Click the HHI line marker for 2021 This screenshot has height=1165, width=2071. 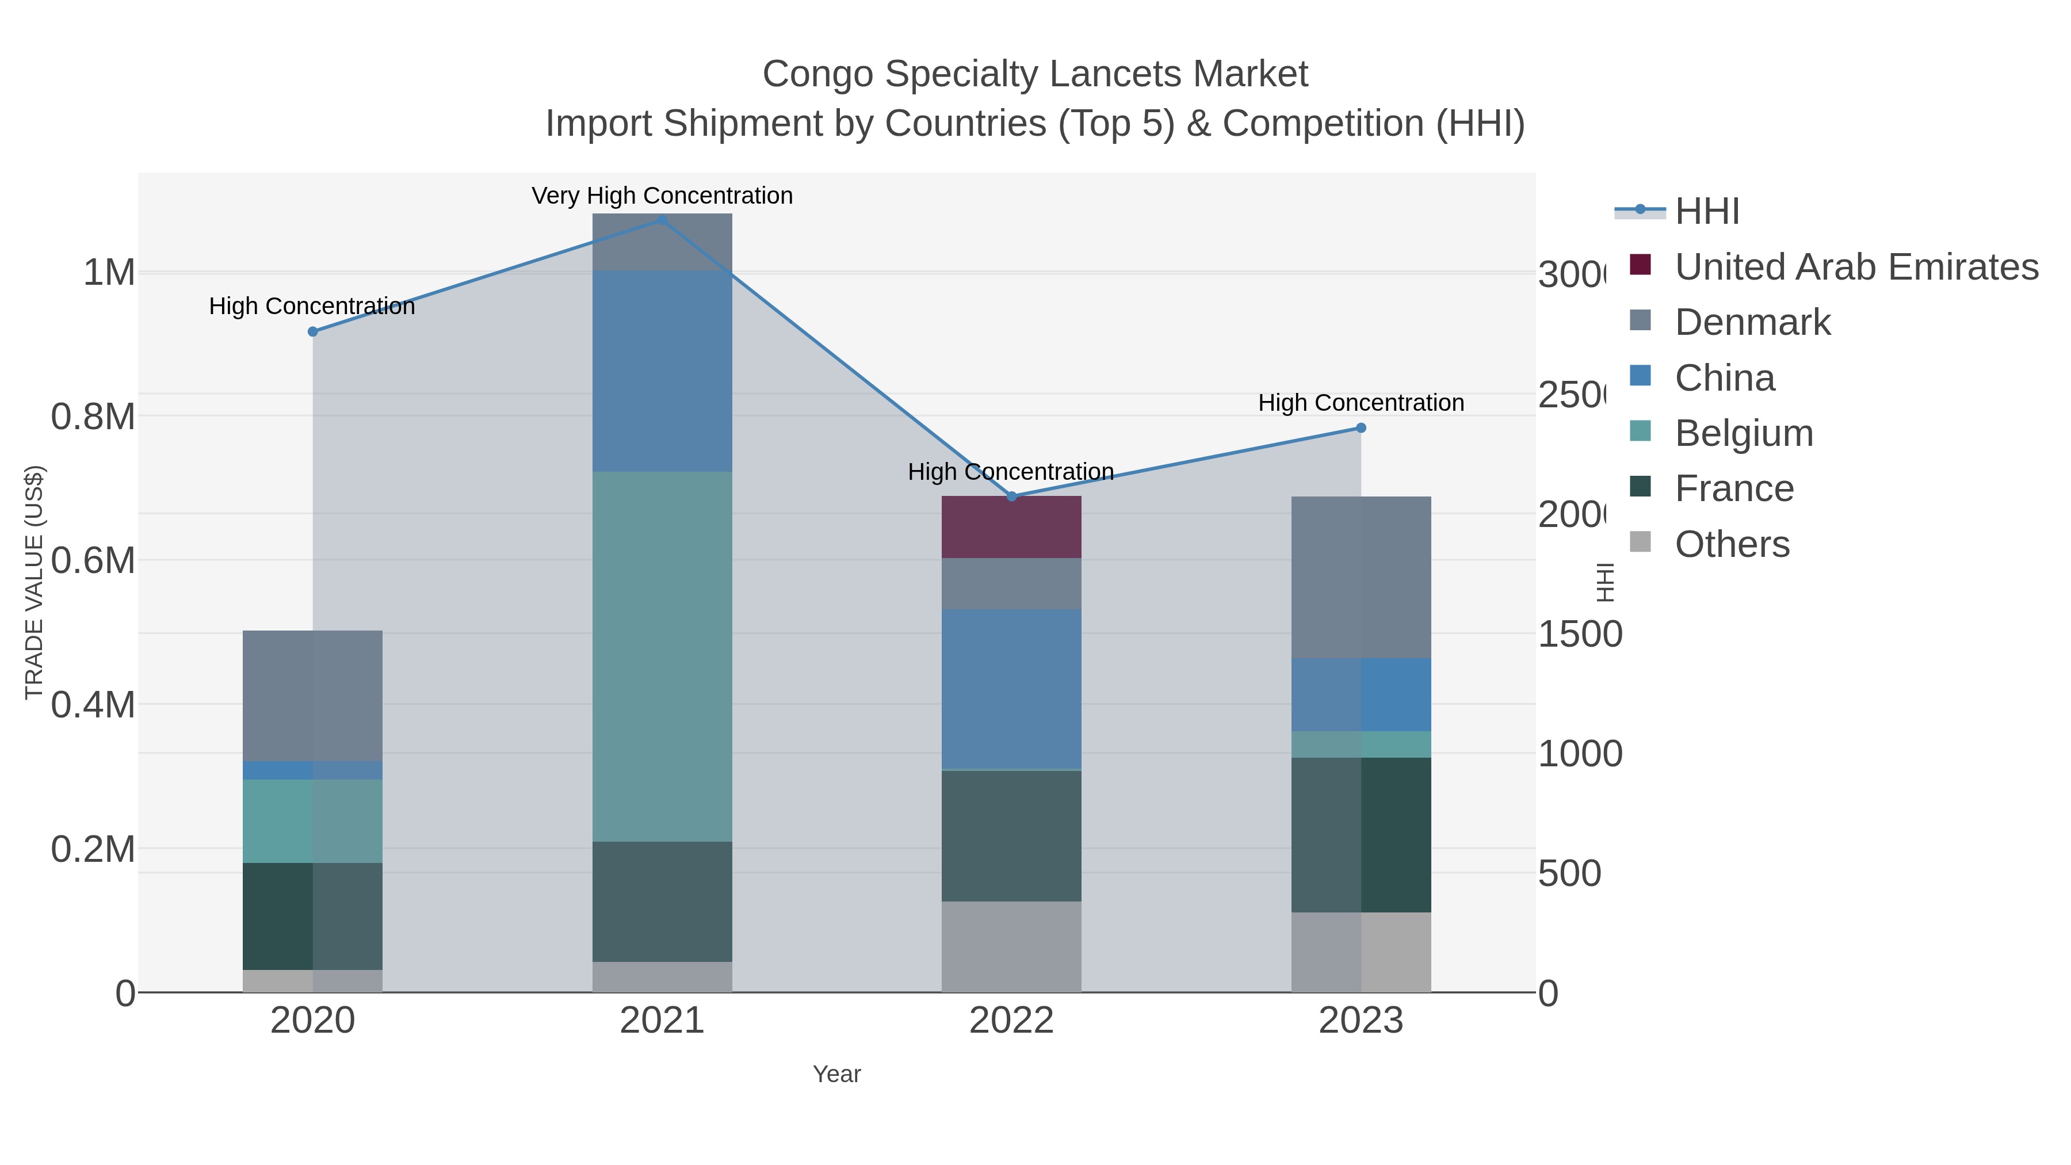pos(663,220)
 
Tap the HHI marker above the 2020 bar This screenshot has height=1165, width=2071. pos(313,331)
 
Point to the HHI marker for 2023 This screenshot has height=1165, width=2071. pos(1361,427)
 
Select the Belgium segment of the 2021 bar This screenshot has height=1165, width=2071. pos(663,655)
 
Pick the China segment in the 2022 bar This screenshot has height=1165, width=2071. pos(1011,689)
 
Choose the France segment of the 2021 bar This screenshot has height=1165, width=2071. pos(663,902)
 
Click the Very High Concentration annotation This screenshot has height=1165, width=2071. pos(663,196)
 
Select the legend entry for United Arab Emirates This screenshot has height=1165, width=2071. pos(1855,267)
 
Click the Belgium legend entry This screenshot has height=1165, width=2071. pos(1743,433)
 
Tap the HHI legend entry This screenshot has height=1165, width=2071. pos(1706,212)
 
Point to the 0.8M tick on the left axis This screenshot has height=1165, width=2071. pos(93,417)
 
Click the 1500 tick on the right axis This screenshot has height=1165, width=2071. pos(1579,635)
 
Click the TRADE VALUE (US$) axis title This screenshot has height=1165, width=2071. pos(34,582)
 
